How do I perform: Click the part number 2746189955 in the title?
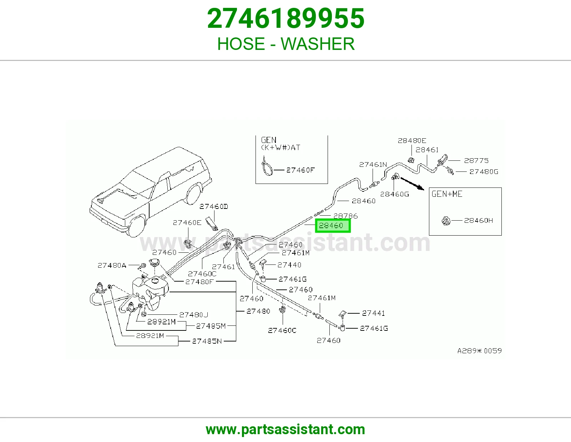(285, 19)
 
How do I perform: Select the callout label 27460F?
(300, 170)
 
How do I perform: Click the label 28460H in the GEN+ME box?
(478, 221)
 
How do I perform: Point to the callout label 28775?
(476, 160)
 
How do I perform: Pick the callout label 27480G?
(484, 172)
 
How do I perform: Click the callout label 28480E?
(412, 141)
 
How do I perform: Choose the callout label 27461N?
(373, 165)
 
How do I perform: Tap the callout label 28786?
(345, 216)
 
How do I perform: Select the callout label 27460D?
(214, 207)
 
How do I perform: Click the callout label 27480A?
(112, 266)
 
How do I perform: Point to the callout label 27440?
(289, 265)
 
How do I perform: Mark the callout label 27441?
(373, 313)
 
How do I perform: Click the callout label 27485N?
(207, 341)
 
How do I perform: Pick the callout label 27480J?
(193, 315)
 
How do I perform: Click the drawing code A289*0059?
(479, 351)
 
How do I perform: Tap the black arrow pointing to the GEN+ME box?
(412, 184)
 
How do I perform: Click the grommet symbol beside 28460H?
(446, 221)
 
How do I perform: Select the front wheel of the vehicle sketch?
(137, 226)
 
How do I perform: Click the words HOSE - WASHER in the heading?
(285, 44)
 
